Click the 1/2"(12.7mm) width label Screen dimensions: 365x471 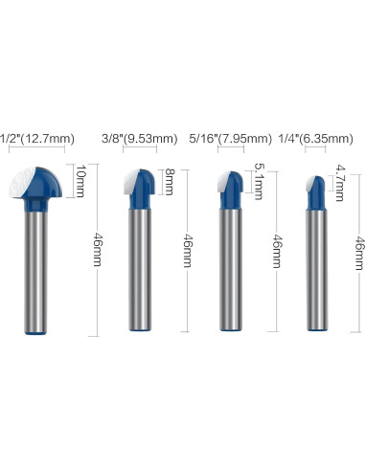[37, 139]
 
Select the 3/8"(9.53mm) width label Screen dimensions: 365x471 [139, 139]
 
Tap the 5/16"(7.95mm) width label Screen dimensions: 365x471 [230, 139]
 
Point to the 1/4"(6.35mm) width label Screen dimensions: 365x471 [316, 139]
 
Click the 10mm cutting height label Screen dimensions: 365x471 [80, 181]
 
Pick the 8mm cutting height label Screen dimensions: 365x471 [170, 182]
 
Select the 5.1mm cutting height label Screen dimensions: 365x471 [259, 181]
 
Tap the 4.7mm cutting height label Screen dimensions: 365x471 [340, 183]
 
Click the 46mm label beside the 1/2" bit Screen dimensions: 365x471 [98, 250]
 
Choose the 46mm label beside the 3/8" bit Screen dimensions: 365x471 [188, 251]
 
